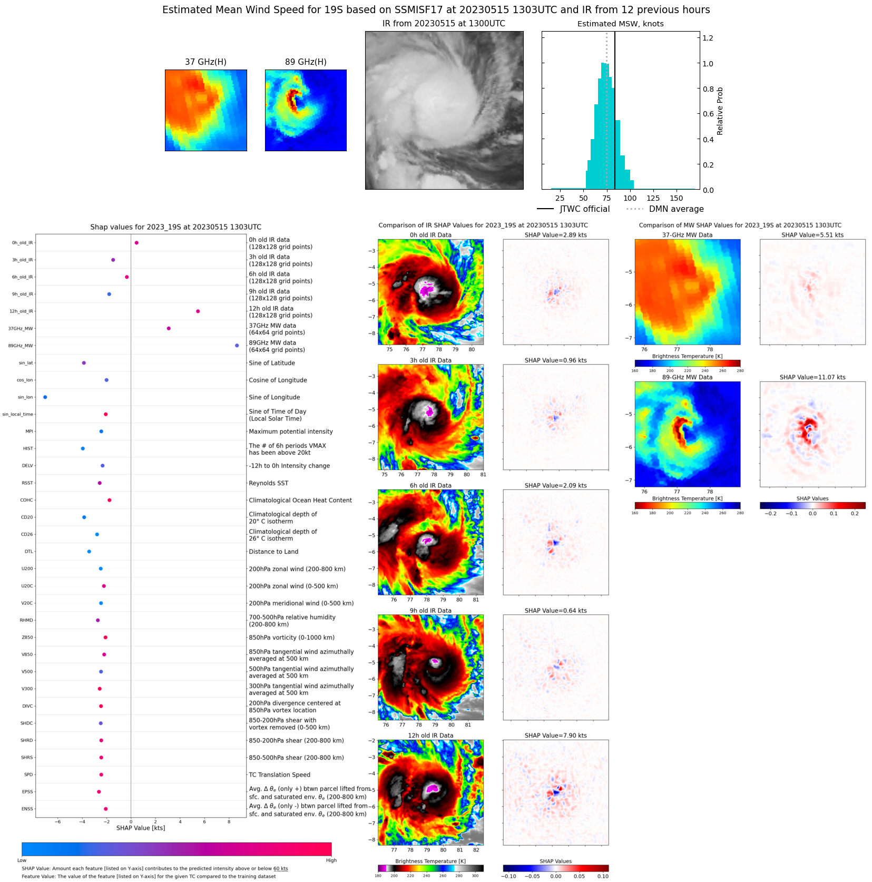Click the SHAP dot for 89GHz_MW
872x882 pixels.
237,346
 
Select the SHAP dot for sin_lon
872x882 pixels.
45,397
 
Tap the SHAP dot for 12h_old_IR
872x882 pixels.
198,311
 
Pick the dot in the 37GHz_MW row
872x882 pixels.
169,328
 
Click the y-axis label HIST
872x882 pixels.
28,449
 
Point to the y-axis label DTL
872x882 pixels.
29,552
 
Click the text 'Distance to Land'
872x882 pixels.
273,552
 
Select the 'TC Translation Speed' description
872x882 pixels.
279,775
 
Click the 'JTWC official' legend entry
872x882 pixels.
584,209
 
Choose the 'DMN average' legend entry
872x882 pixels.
676,209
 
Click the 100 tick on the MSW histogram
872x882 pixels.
630,199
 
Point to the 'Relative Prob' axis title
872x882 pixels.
720,111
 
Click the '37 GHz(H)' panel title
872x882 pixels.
205,62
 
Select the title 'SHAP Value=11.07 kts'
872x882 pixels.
812,377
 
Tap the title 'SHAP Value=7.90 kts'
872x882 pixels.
555,736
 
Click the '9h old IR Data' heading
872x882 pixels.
430,611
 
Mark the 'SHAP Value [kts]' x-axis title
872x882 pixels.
141,828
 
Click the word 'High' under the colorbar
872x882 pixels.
331,860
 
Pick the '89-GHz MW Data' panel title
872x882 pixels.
687,377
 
